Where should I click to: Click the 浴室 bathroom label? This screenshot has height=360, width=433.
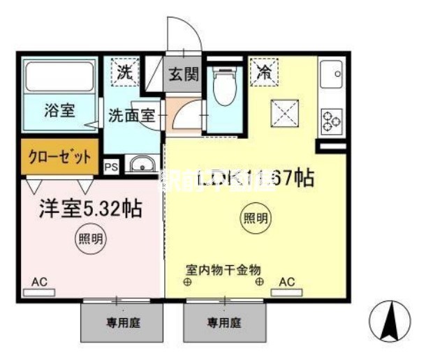coord(59,110)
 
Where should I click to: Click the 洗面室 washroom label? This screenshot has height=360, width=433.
coord(131,116)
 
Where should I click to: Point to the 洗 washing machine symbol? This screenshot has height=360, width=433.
coord(124,71)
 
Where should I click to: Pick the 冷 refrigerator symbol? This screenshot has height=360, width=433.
coord(265,71)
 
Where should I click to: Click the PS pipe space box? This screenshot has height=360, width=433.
coord(110,166)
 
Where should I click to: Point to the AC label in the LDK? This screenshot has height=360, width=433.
coord(286,281)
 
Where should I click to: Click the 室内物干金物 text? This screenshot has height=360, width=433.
coord(223,268)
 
